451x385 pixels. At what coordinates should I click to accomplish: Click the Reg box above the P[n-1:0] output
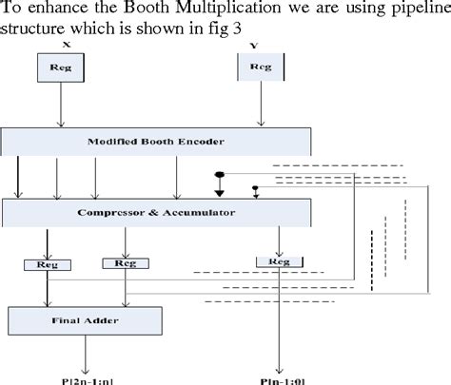tap(279, 260)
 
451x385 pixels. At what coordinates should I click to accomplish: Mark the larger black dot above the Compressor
tap(221, 176)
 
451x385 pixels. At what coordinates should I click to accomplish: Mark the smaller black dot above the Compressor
tap(254, 187)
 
